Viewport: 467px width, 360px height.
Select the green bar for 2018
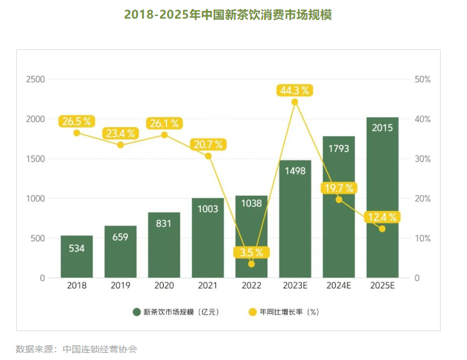pos(76,257)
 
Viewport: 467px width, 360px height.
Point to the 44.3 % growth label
pos(294,90)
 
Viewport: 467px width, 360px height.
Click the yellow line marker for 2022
pos(251,264)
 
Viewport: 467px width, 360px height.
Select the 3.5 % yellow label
pos(251,252)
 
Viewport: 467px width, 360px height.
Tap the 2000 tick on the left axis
pos(35,119)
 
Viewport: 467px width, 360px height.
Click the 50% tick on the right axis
pos(423,80)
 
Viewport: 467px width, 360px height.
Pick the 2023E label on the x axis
pos(295,286)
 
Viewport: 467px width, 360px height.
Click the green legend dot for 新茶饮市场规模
pos(137,313)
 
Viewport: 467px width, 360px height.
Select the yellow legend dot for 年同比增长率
pos(252,313)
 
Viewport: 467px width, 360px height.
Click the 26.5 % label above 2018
pos(76,121)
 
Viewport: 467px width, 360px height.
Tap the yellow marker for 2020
pos(164,135)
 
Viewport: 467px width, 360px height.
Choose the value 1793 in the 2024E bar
pos(339,148)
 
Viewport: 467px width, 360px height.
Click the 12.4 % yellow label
pos(382,218)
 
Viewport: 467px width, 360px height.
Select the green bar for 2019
pos(120,252)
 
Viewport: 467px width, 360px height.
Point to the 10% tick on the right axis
pos(423,239)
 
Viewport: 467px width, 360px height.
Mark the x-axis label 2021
pos(207,286)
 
